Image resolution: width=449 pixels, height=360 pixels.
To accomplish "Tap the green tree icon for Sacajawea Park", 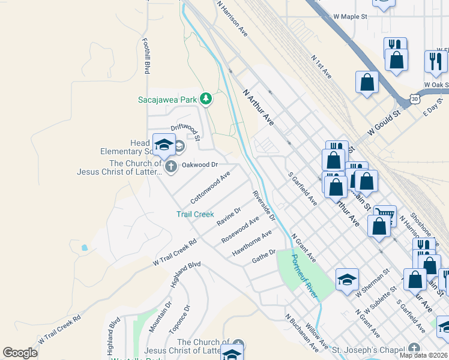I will point(206,98).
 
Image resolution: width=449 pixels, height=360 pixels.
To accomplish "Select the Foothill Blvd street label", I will point(145,56).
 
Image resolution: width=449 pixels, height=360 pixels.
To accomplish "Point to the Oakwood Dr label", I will point(199,164).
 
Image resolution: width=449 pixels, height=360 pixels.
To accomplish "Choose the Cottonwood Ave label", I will point(210,187).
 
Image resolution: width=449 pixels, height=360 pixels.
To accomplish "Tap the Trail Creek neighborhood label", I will point(195,214).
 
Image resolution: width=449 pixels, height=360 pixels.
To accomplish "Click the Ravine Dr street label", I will point(229,217).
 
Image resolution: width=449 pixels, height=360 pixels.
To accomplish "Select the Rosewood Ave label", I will point(240,229).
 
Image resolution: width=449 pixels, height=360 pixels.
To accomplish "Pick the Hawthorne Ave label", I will point(252,244).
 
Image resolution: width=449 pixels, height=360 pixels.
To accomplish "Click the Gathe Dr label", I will point(264,256).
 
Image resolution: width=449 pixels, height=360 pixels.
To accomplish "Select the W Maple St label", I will point(350,17).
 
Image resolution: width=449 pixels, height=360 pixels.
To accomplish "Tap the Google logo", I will point(20,353).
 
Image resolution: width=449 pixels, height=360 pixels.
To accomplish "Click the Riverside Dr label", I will point(264,205).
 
